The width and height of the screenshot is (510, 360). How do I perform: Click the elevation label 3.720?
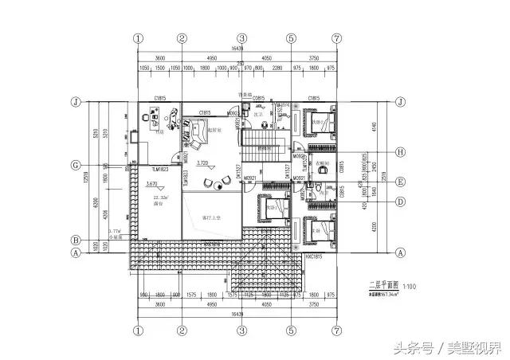[202, 162]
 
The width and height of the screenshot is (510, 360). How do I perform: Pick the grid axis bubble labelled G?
[75, 165]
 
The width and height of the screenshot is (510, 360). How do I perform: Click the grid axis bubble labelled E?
[401, 180]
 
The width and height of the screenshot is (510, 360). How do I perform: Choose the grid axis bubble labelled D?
[401, 201]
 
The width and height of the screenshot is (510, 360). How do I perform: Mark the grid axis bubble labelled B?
[75, 239]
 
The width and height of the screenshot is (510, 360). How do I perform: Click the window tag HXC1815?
[312, 257]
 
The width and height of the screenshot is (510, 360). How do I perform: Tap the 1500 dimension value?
[162, 68]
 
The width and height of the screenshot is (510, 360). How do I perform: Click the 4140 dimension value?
[371, 127]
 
